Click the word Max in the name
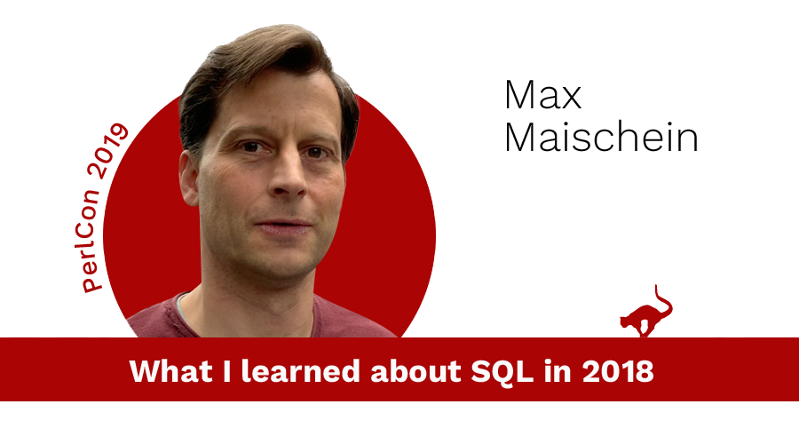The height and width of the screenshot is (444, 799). tap(543, 95)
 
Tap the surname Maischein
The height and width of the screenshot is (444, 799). tap(601, 137)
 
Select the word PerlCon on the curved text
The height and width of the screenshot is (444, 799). tap(88, 240)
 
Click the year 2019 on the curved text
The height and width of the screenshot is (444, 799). tap(108, 151)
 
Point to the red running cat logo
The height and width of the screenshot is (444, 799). tap(645, 312)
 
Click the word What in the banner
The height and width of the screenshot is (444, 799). tap(170, 370)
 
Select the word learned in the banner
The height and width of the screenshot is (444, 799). tap(301, 370)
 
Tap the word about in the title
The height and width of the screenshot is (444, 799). tap(415, 370)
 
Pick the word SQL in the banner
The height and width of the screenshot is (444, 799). tap(502, 371)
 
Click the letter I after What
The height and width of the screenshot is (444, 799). tap(226, 371)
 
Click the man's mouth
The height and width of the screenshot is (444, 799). tap(283, 226)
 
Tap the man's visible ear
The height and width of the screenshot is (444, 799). tap(188, 181)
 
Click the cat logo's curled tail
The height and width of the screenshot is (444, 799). tap(663, 301)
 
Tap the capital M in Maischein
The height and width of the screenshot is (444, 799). tap(519, 137)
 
